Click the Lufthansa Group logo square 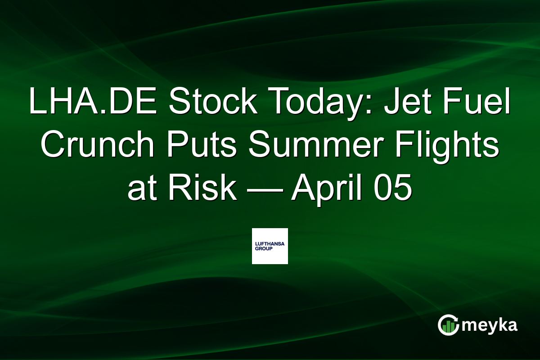pyautogui.click(x=270, y=246)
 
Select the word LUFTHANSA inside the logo pyautogui.click(x=270, y=243)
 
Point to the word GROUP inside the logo pyautogui.click(x=263, y=248)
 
